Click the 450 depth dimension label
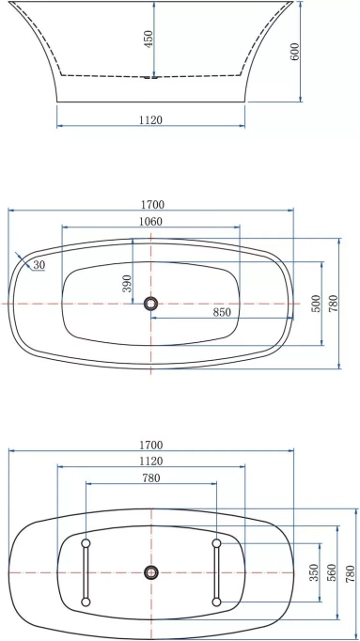coord(149,39)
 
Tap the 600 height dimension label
coord(294,52)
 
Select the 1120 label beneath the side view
coord(150,119)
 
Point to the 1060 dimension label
coord(150,222)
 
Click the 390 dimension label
coord(127,283)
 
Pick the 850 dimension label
coord(222,312)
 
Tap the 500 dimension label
coord(316,304)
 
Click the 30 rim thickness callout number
coord(39,265)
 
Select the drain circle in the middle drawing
coord(150,304)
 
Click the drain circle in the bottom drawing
coord(151,571)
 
